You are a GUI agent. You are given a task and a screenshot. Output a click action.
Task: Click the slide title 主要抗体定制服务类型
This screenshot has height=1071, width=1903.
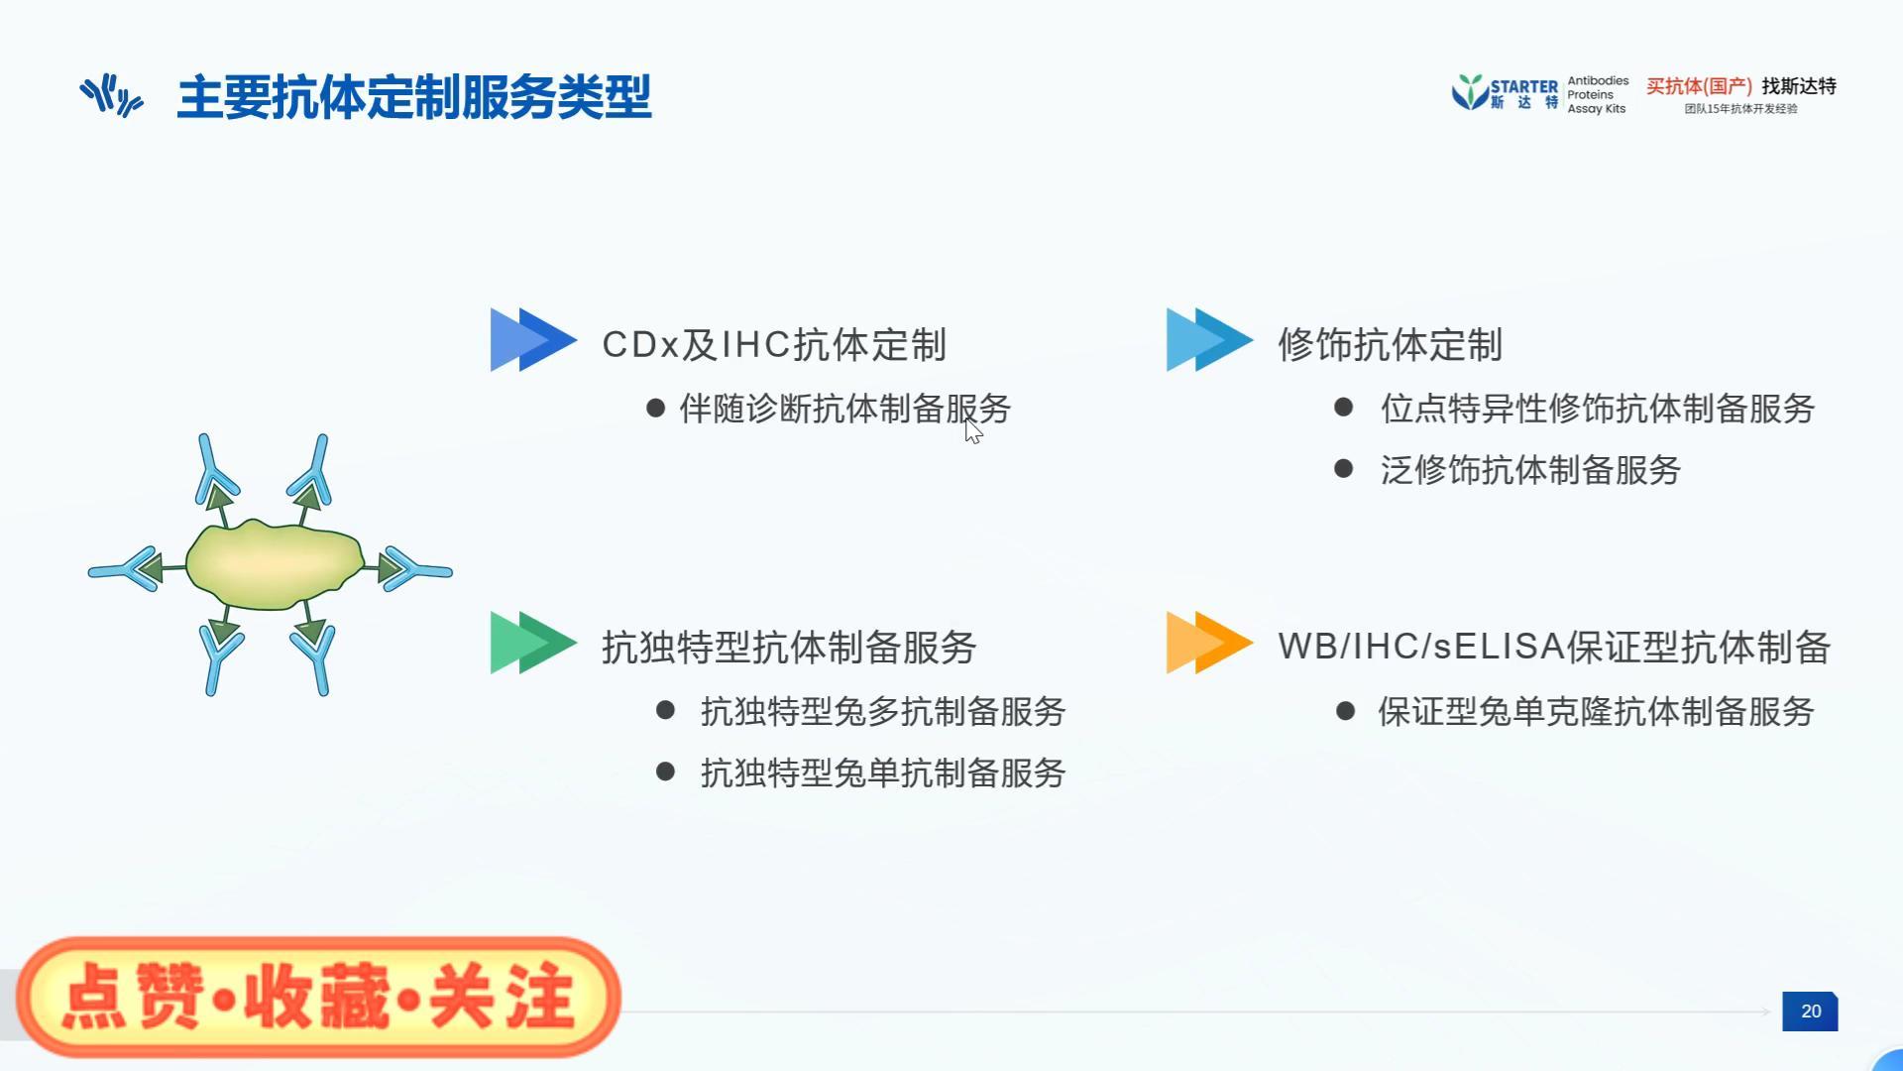[x=413, y=97]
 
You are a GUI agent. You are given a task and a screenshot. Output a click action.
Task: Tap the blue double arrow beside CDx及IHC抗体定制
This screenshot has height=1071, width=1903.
[x=532, y=340]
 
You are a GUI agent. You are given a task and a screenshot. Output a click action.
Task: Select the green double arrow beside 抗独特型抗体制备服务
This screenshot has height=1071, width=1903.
[x=532, y=643]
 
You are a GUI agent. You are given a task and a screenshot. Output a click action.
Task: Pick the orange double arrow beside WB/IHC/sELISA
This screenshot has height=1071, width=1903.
[x=1208, y=643]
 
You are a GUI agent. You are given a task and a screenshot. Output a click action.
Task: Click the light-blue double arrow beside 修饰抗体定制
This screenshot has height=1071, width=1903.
[x=1208, y=340]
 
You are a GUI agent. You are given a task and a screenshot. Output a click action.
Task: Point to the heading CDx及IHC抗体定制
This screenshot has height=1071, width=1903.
[x=774, y=345]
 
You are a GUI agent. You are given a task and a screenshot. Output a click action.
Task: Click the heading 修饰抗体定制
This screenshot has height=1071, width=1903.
[x=1390, y=345]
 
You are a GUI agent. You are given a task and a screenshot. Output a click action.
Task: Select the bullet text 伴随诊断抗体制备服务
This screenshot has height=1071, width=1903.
[x=844, y=409]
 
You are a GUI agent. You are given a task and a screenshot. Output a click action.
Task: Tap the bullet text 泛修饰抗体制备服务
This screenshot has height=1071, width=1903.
[x=1530, y=470]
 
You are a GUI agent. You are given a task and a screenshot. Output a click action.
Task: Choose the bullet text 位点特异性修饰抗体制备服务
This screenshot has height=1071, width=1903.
[x=1597, y=409]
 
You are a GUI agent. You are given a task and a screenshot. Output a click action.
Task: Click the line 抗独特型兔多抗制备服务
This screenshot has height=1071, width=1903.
[x=882, y=711]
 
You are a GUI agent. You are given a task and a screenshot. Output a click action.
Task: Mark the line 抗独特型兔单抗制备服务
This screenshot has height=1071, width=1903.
[x=882, y=773]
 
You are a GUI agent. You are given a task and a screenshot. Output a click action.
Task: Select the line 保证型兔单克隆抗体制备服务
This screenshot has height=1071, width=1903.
[x=1596, y=711]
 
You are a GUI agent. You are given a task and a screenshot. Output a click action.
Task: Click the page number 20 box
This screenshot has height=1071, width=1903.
[x=1810, y=1011]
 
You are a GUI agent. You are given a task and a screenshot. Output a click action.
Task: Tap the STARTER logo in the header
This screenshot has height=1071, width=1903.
[x=1505, y=93]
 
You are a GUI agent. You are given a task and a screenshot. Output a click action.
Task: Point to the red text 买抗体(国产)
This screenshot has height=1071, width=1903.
[x=1699, y=86]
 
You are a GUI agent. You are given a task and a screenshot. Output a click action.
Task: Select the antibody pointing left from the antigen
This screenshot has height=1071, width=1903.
[x=126, y=569]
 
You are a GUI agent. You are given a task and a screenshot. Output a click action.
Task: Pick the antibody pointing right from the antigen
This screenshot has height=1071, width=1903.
[x=414, y=569]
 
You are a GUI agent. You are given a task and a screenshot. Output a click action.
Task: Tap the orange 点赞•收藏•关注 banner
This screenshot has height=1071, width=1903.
[x=318, y=997]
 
